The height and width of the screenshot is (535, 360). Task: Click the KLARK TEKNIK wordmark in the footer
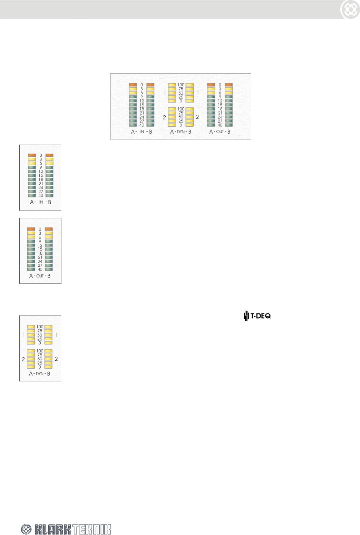click(x=73, y=529)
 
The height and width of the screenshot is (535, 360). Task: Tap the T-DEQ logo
click(x=257, y=315)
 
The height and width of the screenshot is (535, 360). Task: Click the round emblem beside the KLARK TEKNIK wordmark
click(x=27, y=529)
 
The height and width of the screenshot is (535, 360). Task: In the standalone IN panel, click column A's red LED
click(x=32, y=155)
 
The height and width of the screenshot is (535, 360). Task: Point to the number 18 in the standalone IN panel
click(x=41, y=179)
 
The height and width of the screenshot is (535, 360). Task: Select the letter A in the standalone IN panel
click(x=32, y=202)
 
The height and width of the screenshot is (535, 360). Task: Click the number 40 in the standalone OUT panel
click(x=40, y=270)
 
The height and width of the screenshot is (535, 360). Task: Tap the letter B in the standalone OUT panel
click(x=49, y=276)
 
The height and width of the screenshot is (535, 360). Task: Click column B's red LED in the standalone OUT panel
click(x=49, y=229)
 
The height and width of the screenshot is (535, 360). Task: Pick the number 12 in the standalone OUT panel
click(x=40, y=245)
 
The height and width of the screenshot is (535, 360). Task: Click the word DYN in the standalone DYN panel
click(x=40, y=374)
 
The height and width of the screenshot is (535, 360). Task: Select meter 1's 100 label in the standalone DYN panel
click(x=40, y=327)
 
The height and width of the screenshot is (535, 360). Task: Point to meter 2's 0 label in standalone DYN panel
click(x=40, y=367)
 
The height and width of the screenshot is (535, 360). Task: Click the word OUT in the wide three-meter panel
click(x=220, y=132)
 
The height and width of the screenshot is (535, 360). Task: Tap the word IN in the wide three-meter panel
click(x=142, y=132)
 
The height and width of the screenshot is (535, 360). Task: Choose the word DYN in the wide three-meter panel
click(x=181, y=132)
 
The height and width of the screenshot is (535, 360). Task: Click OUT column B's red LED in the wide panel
click(x=228, y=85)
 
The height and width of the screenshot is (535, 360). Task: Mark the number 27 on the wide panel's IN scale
click(x=142, y=121)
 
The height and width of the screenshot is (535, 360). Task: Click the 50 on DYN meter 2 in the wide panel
click(x=181, y=117)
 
